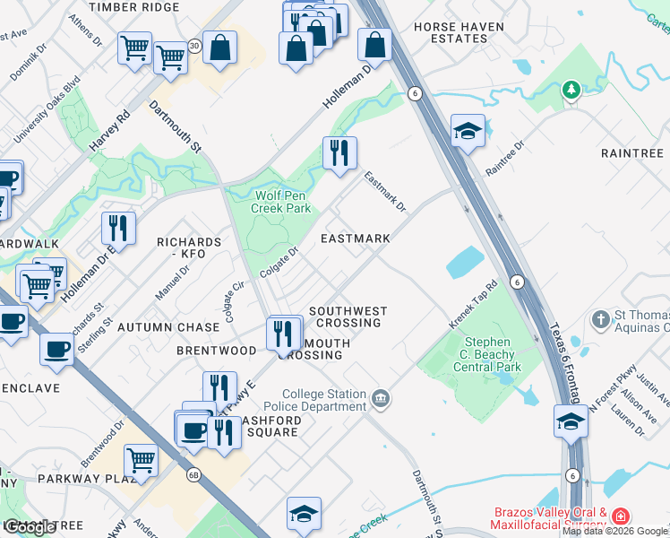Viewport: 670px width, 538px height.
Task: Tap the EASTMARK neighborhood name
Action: [x=356, y=239]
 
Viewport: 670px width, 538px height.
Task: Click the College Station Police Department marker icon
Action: [x=381, y=397]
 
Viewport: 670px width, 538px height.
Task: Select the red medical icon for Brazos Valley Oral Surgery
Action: [x=621, y=516]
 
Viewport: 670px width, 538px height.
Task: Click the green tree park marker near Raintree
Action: [x=570, y=90]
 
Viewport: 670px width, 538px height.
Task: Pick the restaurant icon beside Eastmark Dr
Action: [x=339, y=153]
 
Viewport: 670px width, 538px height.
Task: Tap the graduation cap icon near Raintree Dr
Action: [x=468, y=132]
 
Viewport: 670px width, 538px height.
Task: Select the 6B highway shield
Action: [x=193, y=475]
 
